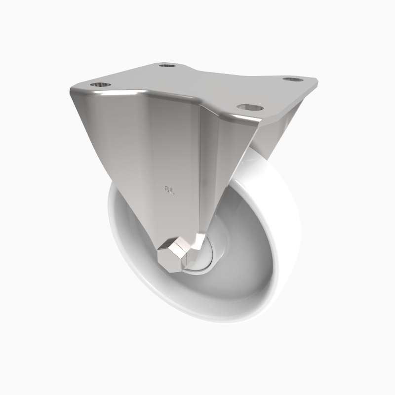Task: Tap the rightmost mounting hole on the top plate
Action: [292, 79]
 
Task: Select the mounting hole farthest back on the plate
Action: [167, 65]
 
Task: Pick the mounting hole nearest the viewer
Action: [245, 106]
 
